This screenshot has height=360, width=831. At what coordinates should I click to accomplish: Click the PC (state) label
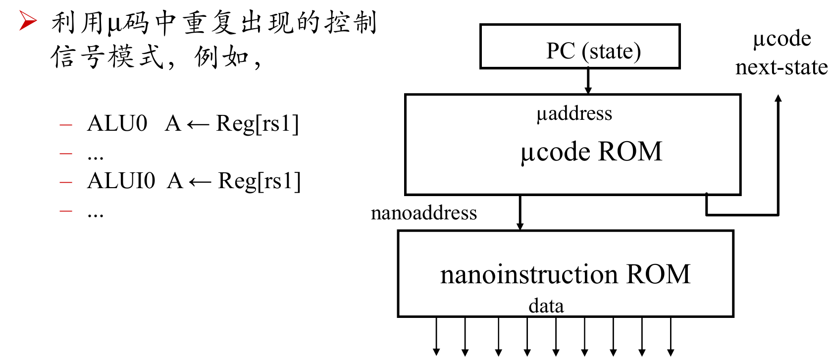[593, 51]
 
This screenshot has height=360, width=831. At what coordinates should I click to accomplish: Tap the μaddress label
[574, 113]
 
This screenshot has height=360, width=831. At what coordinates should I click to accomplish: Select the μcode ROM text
[591, 152]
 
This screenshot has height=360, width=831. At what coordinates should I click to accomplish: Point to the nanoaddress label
[423, 213]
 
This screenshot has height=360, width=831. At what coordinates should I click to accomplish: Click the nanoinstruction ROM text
[565, 274]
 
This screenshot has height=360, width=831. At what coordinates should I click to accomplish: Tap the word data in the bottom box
[546, 306]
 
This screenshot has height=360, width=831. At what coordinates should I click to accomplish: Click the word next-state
[781, 67]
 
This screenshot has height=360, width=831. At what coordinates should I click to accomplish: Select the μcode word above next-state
[781, 39]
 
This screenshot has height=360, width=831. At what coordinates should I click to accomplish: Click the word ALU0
[117, 123]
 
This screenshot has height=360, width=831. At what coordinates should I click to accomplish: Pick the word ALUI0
[120, 181]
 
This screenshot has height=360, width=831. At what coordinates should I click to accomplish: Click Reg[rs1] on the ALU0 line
[257, 124]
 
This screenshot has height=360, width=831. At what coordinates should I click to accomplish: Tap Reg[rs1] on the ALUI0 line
[259, 181]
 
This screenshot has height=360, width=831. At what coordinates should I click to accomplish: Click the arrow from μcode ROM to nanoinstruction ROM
[519, 212]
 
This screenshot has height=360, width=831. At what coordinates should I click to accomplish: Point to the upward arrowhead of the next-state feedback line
[779, 98]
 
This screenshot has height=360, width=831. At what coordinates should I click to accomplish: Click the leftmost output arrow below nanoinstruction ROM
[436, 336]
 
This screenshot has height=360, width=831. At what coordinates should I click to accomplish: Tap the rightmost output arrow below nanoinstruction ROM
[671, 336]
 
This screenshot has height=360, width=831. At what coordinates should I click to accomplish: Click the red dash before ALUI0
[66, 182]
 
